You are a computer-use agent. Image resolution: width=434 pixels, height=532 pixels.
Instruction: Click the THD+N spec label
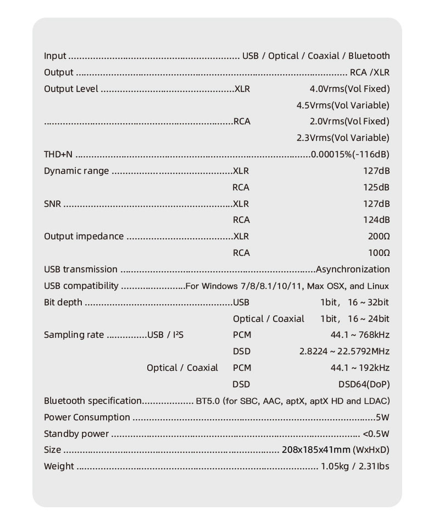pyautogui.click(x=58, y=155)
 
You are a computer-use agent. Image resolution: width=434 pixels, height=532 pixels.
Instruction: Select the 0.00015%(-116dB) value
pyautogui.click(x=350, y=155)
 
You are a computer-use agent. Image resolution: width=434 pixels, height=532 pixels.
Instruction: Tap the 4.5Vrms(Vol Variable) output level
pyautogui.click(x=342, y=105)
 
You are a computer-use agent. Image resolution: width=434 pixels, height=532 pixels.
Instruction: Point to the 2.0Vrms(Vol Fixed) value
pyautogui.click(x=349, y=122)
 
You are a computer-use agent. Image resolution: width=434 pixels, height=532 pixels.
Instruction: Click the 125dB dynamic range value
pyautogui.click(x=376, y=188)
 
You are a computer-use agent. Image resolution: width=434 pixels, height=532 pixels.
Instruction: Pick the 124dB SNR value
pyautogui.click(x=376, y=220)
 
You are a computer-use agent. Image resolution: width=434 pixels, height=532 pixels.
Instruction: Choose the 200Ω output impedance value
pyautogui.click(x=379, y=237)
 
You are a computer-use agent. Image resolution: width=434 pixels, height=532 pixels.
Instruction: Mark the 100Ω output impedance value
pyautogui.click(x=379, y=253)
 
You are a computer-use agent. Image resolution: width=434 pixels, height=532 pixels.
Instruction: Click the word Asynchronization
pyautogui.click(x=353, y=270)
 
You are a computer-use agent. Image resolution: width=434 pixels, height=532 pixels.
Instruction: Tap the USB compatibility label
pyautogui.click(x=81, y=286)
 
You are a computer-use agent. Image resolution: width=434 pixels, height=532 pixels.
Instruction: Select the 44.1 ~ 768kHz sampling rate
pyautogui.click(x=360, y=334)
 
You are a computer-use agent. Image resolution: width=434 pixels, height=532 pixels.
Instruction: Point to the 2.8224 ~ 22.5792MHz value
pyautogui.click(x=344, y=351)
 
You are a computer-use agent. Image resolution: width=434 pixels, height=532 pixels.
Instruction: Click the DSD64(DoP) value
pyautogui.click(x=364, y=384)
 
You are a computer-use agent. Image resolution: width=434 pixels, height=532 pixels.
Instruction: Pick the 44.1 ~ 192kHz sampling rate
pyautogui.click(x=360, y=368)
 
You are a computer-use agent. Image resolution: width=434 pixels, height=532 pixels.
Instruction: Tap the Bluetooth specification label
pyautogui.click(x=93, y=401)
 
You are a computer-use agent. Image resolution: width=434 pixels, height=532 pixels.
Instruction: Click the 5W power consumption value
pyautogui.click(x=382, y=417)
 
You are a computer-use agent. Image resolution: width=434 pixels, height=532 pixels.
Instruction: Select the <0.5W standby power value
pyautogui.click(x=376, y=434)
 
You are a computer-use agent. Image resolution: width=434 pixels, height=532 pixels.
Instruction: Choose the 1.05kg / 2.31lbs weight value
pyautogui.click(x=355, y=467)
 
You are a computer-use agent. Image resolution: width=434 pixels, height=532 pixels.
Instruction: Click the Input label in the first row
pyautogui.click(x=55, y=56)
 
